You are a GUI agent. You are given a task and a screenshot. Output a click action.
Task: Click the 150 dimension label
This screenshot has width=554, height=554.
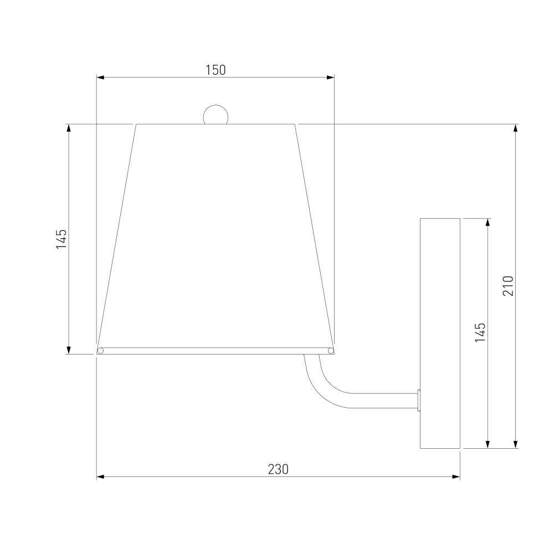216,70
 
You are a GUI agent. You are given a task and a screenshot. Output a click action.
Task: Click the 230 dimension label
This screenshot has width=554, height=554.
278,469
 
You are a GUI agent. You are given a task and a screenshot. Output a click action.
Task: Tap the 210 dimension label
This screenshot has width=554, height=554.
507,285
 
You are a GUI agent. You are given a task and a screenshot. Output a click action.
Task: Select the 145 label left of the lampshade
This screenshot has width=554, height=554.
61,239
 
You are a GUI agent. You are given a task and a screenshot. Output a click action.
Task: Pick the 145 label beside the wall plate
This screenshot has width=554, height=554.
480,332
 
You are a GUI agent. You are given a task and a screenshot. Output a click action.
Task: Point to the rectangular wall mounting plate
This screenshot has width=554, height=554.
440,333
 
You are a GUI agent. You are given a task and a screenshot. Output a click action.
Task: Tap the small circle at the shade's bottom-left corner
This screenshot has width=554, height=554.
100,351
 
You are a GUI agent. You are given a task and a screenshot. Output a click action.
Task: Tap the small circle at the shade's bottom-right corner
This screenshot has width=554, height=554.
331,351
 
